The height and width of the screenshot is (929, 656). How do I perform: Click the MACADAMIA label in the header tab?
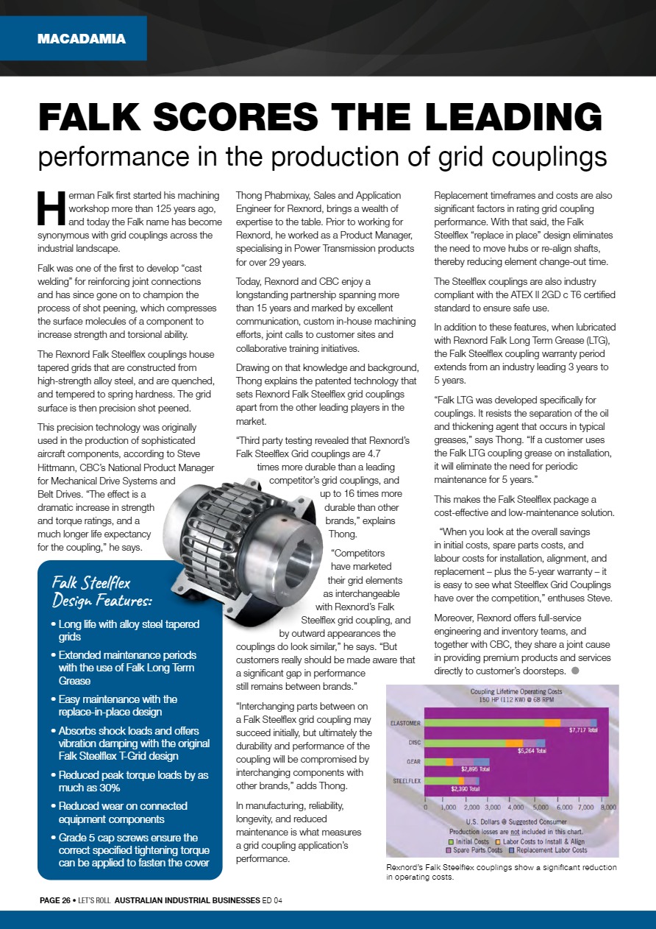click(82, 39)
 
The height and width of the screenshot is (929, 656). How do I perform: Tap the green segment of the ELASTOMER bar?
click(485, 723)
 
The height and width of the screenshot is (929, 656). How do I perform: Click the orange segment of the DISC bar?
click(515, 743)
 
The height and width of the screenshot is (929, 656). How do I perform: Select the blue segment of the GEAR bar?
click(481, 761)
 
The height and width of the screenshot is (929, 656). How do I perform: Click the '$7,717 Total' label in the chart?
click(582, 731)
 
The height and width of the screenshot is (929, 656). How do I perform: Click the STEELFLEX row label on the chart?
click(407, 780)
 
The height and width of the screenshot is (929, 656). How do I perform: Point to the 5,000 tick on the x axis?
click(536, 807)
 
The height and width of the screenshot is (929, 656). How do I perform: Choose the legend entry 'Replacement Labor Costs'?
click(551, 850)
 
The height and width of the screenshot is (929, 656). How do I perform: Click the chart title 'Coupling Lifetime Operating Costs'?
click(516, 691)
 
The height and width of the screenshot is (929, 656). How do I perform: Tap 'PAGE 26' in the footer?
click(55, 900)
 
